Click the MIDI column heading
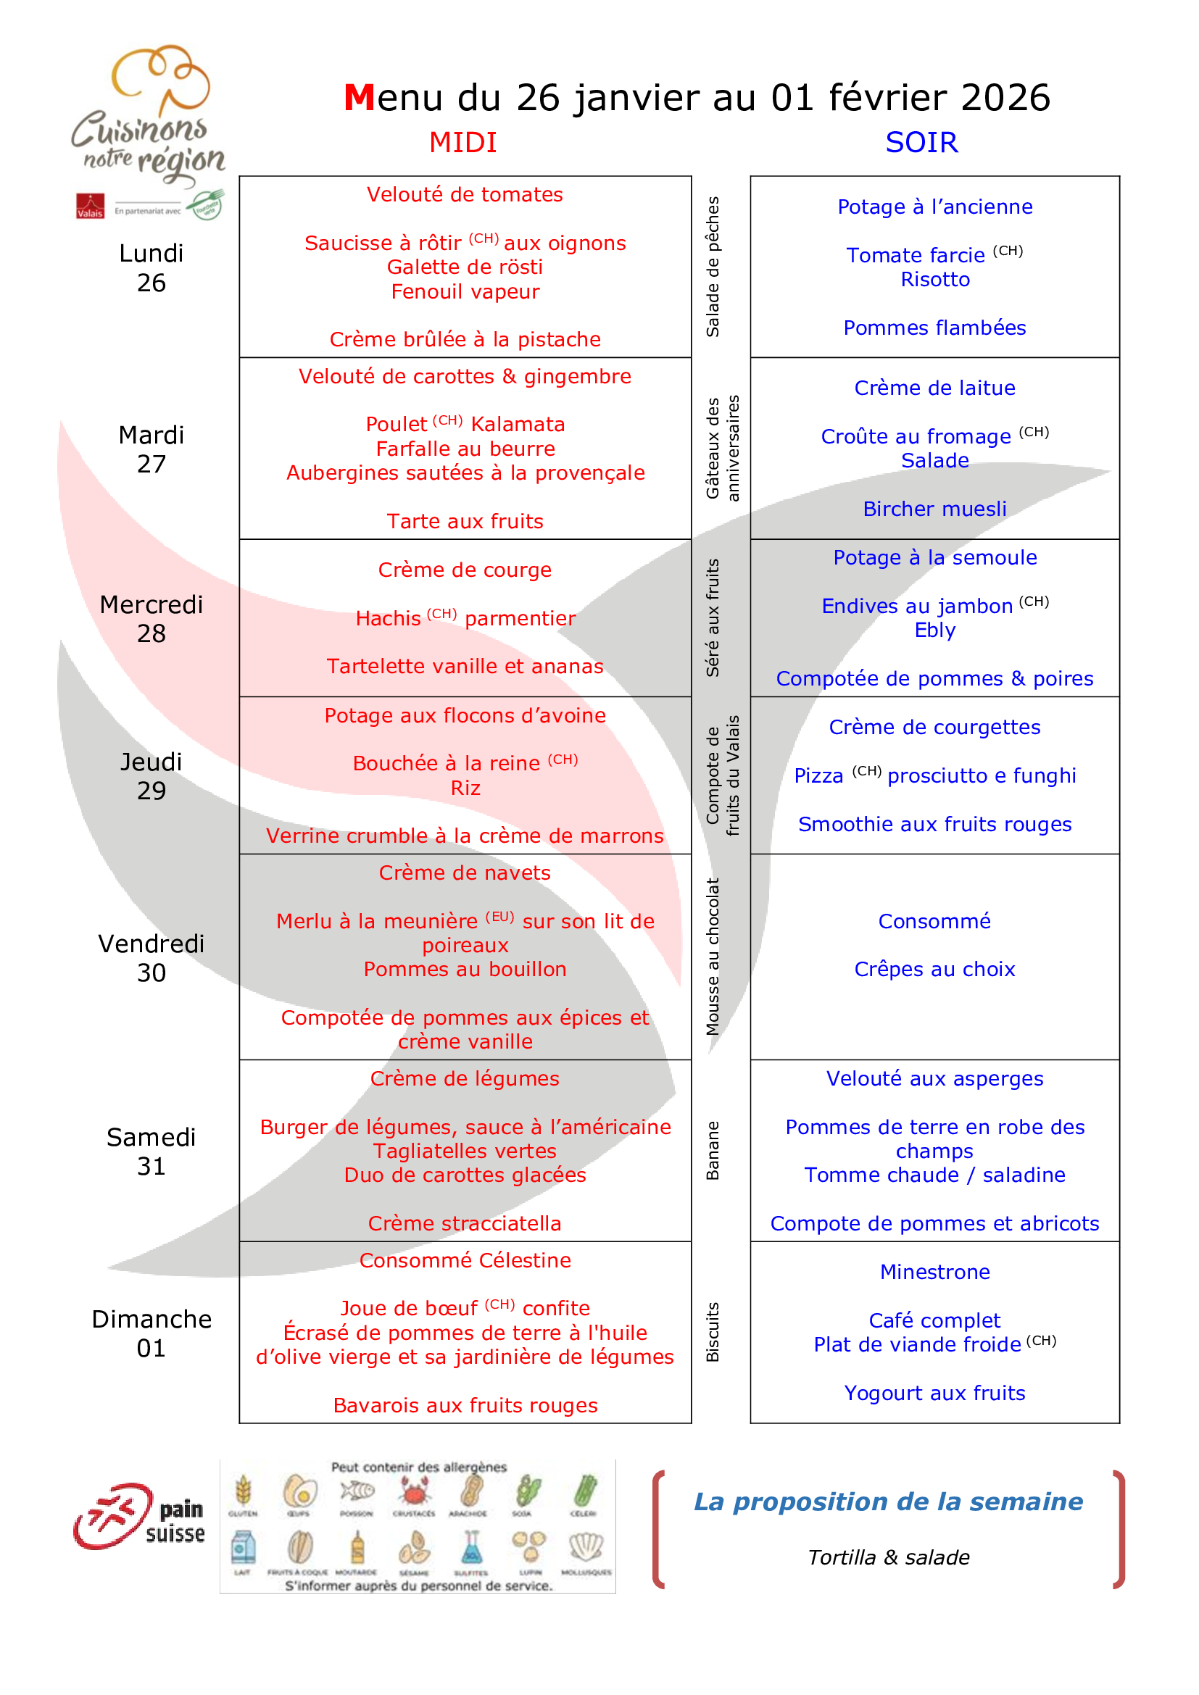[x=463, y=143]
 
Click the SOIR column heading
[x=921, y=143]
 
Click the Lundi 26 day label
[x=152, y=268]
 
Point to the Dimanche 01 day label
[x=152, y=1333]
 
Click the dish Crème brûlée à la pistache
[x=465, y=340]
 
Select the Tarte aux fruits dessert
[x=465, y=521]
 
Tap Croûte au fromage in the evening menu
[x=916, y=436]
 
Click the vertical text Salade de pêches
[x=713, y=267]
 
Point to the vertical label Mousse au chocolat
[x=713, y=957]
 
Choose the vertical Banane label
[x=713, y=1151]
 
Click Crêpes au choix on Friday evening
[x=934, y=970]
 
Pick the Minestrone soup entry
[x=934, y=1272]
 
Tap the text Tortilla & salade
[x=888, y=1558]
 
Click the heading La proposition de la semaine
[x=888, y=1502]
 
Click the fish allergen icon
[x=357, y=1492]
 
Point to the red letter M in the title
[x=360, y=98]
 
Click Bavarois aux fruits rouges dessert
[x=465, y=1406]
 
